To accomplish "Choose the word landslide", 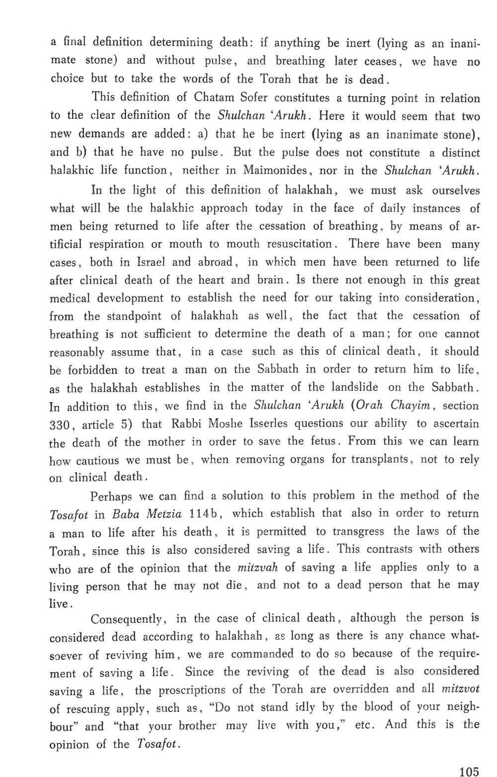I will [x=352, y=388].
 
